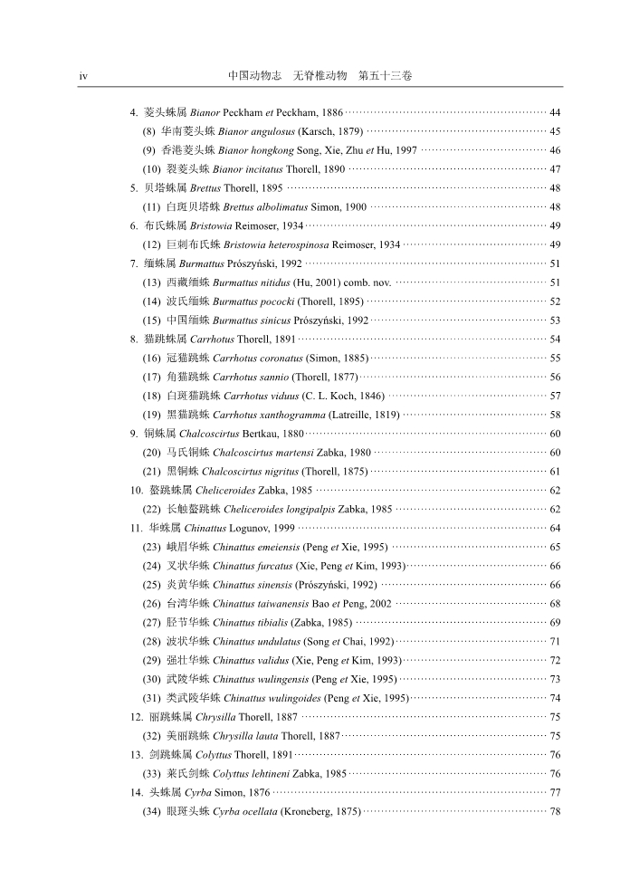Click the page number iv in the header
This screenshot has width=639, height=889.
83,77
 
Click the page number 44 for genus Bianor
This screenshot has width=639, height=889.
555,112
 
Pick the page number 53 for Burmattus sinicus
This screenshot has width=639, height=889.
555,321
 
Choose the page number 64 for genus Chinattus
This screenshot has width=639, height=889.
555,530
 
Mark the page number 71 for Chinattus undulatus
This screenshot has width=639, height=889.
555,643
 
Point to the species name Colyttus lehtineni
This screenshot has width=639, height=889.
249,775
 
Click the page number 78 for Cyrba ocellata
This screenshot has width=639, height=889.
555,813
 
